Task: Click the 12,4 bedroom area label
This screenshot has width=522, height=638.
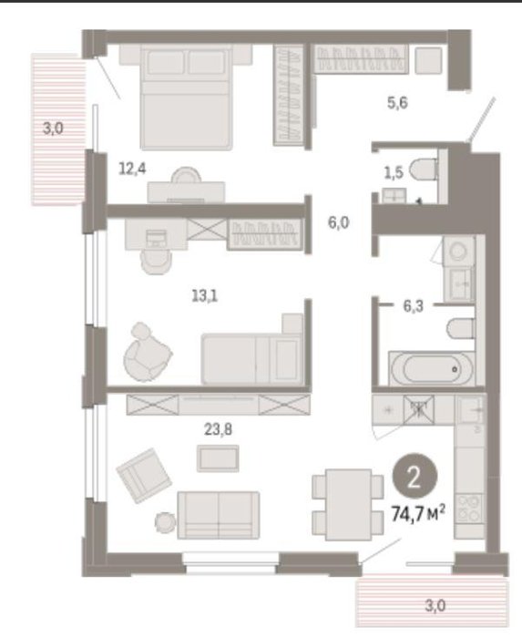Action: (x=132, y=168)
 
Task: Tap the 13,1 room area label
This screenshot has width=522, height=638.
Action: (x=204, y=296)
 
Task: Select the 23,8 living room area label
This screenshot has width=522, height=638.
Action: (x=219, y=429)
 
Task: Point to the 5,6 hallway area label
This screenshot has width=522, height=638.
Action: (x=397, y=103)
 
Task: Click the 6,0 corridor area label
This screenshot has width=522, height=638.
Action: (x=339, y=222)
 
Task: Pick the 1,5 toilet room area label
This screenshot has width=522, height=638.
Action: (x=394, y=173)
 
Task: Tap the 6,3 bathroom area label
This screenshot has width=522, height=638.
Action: (x=413, y=305)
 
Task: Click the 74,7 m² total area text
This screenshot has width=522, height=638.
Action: (x=417, y=514)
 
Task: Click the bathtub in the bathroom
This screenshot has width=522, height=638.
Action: (x=431, y=368)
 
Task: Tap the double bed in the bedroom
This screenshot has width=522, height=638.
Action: (x=186, y=97)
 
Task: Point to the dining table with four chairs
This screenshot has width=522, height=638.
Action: (x=348, y=505)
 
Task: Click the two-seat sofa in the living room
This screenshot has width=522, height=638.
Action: (x=219, y=515)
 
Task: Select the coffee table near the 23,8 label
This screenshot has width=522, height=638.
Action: (x=218, y=458)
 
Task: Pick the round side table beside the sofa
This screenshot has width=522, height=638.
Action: (x=166, y=522)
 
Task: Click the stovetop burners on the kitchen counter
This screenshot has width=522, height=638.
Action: (x=469, y=509)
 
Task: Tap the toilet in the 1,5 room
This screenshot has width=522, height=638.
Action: (x=424, y=170)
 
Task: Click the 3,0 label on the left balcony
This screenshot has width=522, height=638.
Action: (x=53, y=129)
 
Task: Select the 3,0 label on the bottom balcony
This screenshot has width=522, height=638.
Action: (x=435, y=606)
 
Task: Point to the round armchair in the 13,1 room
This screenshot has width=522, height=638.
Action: (x=147, y=353)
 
